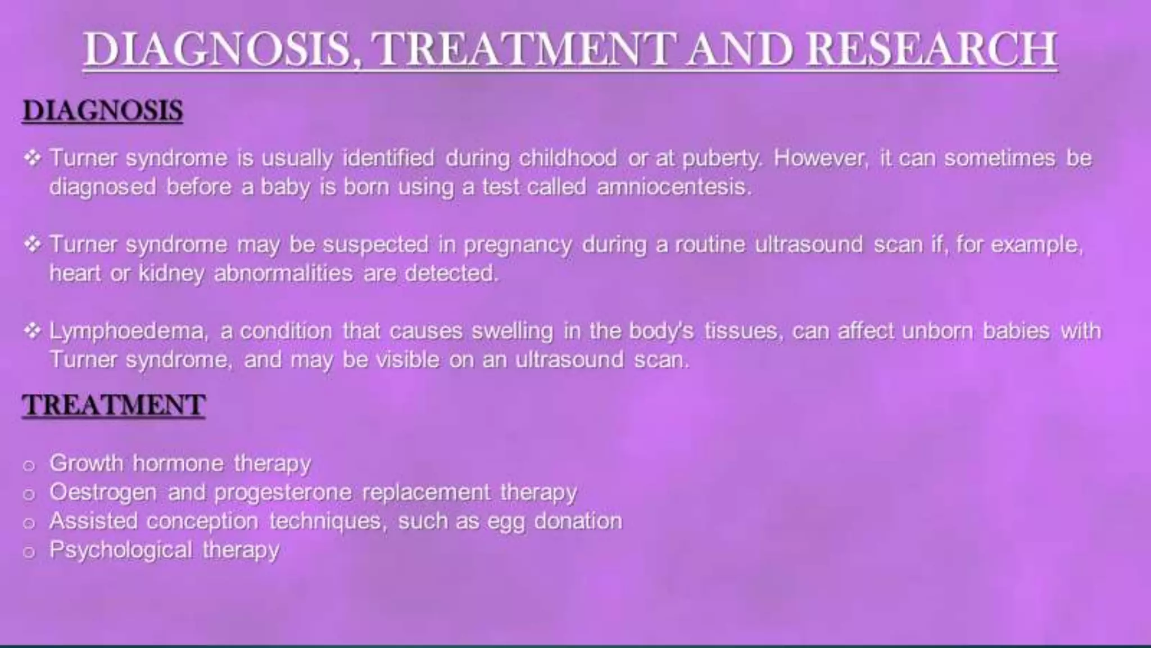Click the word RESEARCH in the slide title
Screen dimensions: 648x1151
point(931,49)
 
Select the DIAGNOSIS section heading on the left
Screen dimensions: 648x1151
point(103,110)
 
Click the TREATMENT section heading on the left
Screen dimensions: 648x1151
point(114,405)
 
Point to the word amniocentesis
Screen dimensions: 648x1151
point(673,186)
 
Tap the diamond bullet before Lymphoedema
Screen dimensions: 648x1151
point(33,331)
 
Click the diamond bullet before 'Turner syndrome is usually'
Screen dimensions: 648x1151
point(33,158)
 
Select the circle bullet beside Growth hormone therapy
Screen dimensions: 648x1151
point(29,465)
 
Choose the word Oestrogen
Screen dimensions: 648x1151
point(103,493)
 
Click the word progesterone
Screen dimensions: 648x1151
point(283,493)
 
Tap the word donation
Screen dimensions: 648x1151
point(578,521)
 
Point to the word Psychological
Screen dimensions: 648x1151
point(121,550)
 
